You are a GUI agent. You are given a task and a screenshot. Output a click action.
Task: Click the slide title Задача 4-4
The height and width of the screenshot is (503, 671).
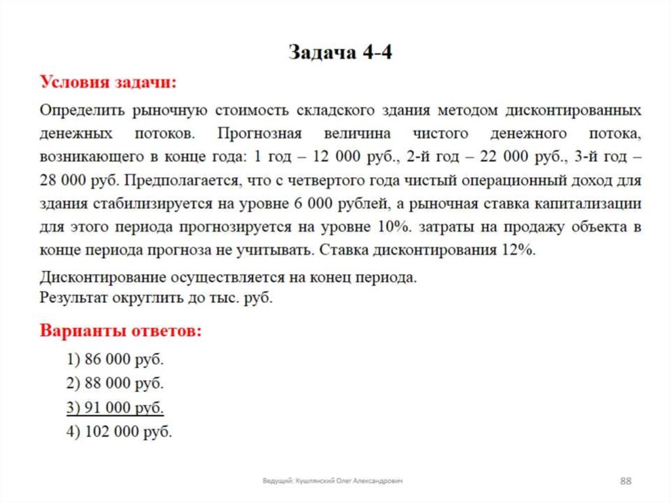pos(341,53)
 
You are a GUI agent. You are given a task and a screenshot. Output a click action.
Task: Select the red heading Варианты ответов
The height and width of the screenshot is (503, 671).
pos(121,331)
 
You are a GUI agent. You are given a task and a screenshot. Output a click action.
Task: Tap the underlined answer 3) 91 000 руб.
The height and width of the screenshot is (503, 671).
pos(115,407)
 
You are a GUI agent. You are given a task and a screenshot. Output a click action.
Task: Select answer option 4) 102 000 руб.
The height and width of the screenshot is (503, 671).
pos(119,432)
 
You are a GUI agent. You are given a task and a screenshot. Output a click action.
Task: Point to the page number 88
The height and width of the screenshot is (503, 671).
pos(625,482)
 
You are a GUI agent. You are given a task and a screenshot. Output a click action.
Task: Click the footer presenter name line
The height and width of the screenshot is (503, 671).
pos(332,481)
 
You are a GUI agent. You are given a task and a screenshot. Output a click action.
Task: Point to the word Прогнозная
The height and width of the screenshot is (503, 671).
pos(259,134)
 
